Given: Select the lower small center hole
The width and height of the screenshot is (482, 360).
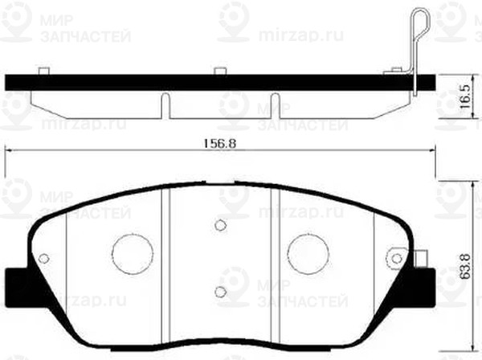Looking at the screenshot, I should (x=219, y=292).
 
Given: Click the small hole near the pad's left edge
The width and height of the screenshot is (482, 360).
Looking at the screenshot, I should (x=44, y=259).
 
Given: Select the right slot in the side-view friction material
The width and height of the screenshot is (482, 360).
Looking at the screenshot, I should (x=276, y=104).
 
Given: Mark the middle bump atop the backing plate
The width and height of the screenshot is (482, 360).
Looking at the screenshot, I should (x=219, y=72).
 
